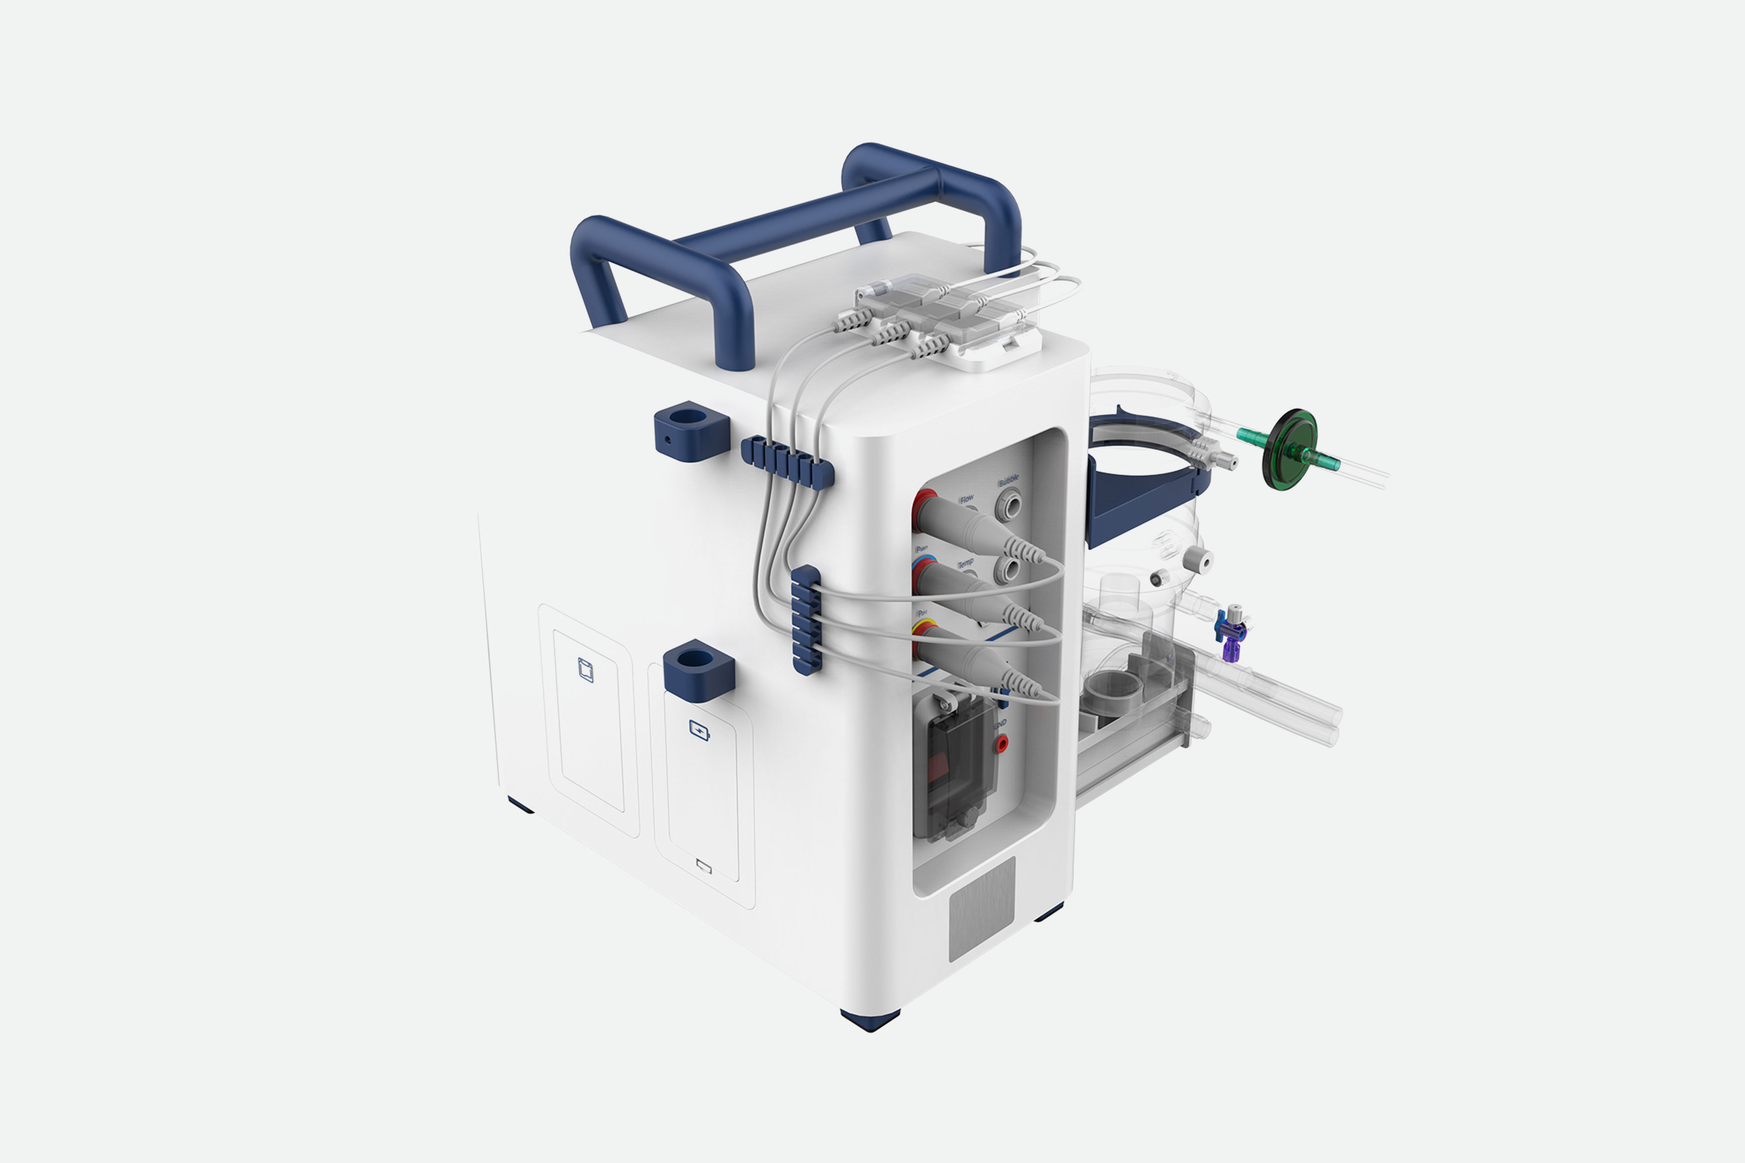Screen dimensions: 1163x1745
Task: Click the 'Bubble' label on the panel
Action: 1008,481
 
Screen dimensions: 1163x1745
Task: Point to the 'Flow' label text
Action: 966,499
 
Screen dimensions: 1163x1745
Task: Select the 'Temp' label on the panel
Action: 966,564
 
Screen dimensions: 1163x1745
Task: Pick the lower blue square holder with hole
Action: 698,670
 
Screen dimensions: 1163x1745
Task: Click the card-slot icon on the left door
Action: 586,670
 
